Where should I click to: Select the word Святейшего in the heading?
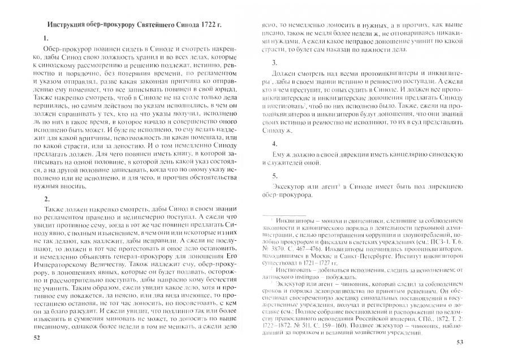pos(152,26)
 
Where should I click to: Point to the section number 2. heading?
pos(46,198)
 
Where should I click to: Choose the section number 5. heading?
pos(274,175)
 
